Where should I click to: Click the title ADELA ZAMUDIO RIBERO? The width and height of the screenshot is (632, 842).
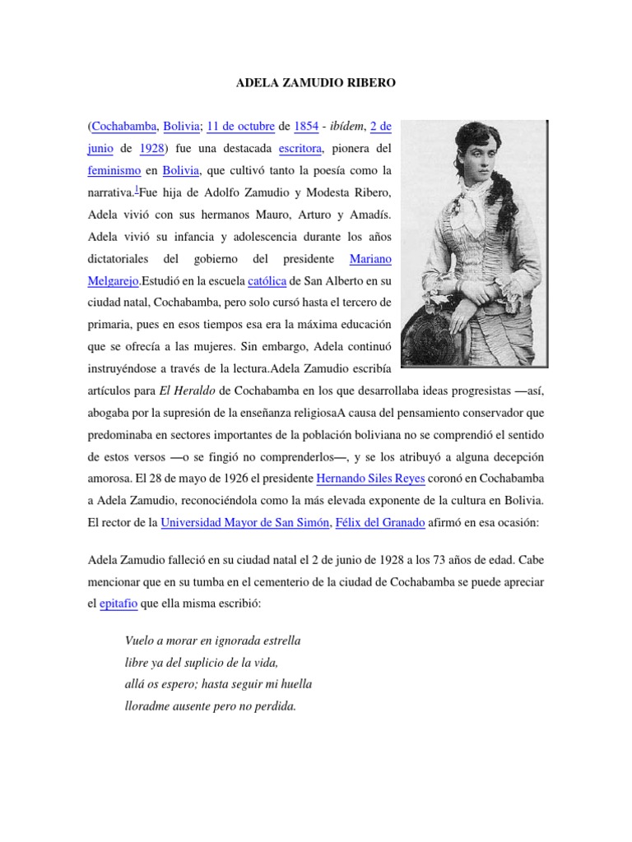(315, 82)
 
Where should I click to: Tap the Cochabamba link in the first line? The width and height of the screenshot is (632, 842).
(123, 127)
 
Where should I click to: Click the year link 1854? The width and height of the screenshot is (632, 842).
(305, 127)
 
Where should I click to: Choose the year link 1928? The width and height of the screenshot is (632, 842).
(151, 149)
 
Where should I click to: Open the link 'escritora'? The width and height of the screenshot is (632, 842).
(300, 149)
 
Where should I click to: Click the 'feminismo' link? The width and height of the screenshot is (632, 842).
(115, 171)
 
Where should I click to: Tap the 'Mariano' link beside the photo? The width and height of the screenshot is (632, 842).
(371, 259)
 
